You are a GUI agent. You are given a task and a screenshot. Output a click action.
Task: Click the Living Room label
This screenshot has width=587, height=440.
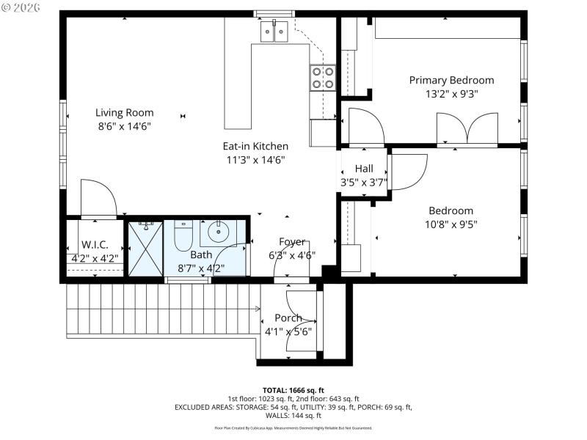(124, 112)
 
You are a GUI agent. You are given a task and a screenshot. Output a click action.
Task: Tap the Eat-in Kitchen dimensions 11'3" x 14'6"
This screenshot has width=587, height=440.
(255, 159)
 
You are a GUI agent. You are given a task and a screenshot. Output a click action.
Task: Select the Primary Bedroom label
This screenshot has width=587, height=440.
(451, 80)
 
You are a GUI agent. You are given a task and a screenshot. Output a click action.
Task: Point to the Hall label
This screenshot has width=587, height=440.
(364, 169)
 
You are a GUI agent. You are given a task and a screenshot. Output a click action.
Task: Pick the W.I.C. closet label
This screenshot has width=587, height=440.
(95, 244)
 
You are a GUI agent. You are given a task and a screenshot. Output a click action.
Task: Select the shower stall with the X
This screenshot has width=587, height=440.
(145, 248)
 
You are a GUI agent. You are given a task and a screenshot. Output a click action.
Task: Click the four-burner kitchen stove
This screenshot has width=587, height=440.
(323, 78)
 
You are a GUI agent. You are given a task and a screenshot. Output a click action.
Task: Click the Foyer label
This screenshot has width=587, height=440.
(292, 241)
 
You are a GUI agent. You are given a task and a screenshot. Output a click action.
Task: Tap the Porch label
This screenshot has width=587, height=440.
(288, 318)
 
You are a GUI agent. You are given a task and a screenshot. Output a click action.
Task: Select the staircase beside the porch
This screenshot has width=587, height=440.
(161, 309)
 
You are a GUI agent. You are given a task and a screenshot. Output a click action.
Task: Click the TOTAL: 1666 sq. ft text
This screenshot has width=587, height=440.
(293, 389)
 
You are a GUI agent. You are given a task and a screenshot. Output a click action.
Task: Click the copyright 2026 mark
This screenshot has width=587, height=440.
(20, 7)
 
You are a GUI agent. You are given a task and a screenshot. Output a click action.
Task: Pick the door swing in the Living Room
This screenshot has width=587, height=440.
(98, 198)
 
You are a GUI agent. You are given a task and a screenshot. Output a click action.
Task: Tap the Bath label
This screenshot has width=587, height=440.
(201, 254)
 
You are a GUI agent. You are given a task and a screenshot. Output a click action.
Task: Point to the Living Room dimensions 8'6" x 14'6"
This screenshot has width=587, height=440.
(124, 125)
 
